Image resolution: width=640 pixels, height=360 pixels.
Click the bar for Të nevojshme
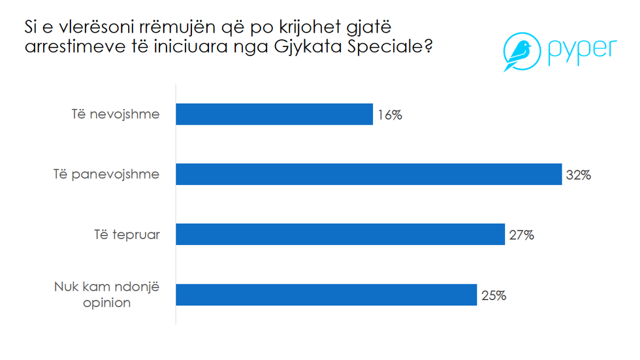274,114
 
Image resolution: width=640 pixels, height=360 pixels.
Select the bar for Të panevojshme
369,174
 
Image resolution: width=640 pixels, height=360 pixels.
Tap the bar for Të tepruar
340,235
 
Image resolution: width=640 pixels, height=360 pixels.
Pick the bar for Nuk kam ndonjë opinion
327,295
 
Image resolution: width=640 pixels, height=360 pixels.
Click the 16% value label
389,116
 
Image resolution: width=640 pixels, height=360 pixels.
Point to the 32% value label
579,175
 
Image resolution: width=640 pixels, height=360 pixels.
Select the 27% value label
521,235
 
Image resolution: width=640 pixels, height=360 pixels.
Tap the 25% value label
493,295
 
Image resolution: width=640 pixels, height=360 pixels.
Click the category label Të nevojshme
115,115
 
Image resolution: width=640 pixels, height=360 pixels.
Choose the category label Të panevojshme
106,174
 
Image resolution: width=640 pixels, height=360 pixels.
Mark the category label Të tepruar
126,235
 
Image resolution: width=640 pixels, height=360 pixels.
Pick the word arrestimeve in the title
73,48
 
